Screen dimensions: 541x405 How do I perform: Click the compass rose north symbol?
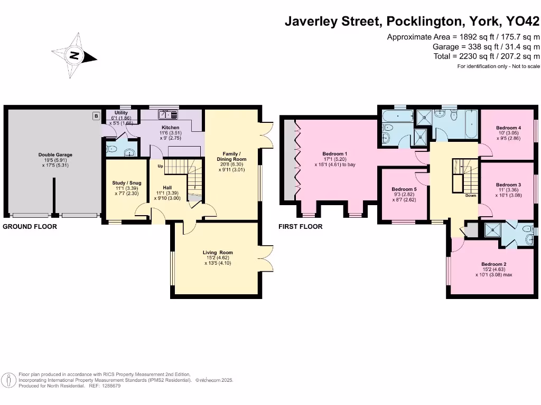(74, 55)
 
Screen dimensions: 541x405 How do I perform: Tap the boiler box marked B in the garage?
(96, 116)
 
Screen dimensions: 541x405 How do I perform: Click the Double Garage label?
(55, 155)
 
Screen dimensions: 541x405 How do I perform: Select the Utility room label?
(121, 113)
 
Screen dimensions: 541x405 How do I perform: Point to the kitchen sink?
(168, 114)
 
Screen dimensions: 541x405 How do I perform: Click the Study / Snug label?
(127, 183)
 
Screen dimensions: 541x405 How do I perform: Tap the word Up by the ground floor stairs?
(160, 166)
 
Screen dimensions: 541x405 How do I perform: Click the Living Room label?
(218, 253)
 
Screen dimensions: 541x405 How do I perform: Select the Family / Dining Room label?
(231, 156)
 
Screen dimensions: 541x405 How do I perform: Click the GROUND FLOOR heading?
(30, 227)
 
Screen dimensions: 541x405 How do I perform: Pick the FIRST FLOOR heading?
(301, 227)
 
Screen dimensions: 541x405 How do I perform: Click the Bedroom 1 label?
(334, 153)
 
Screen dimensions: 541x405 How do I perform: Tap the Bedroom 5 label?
(404, 189)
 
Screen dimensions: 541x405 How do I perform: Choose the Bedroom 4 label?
(509, 128)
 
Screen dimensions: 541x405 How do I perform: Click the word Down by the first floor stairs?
(471, 195)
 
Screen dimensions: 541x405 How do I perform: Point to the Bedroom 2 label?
(494, 264)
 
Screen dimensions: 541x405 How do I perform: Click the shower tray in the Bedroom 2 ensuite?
(493, 230)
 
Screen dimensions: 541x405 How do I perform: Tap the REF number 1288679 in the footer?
(110, 386)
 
